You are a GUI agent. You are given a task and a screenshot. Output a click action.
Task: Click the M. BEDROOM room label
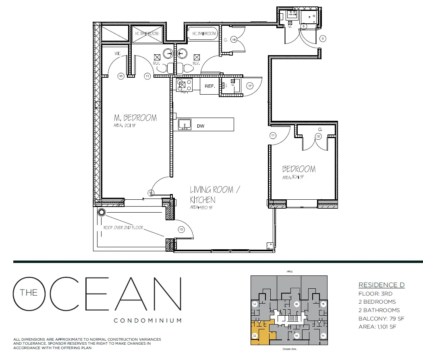click(x=135, y=118)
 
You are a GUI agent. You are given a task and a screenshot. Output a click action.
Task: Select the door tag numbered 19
click(x=233, y=39)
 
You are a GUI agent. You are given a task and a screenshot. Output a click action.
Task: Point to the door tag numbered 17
click(x=250, y=85)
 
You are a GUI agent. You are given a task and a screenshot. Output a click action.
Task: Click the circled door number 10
click(x=181, y=229)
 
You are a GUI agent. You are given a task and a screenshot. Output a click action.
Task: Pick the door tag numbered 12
click(x=318, y=137)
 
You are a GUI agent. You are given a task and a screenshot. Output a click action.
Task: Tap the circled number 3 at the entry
click(x=323, y=39)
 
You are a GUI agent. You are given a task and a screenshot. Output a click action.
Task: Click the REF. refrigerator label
click(x=209, y=86)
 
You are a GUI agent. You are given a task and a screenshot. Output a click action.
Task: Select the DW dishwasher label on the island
click(x=201, y=126)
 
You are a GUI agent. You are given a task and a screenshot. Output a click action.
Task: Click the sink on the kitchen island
click(x=185, y=124)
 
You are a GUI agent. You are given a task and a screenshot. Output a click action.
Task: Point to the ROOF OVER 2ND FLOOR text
click(x=123, y=228)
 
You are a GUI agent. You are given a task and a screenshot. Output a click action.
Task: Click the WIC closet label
click(x=118, y=53)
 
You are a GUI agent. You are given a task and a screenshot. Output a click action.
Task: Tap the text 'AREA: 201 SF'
click(x=125, y=125)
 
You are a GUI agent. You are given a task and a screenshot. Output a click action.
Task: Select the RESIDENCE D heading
click(x=381, y=285)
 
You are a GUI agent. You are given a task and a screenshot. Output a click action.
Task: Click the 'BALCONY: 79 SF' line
click(x=381, y=319)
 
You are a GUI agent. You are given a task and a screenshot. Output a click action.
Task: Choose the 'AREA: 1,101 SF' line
click(x=377, y=327)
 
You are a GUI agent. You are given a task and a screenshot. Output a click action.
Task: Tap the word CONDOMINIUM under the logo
click(x=147, y=321)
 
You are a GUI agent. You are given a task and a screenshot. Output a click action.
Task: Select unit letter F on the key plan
click(x=323, y=335)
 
